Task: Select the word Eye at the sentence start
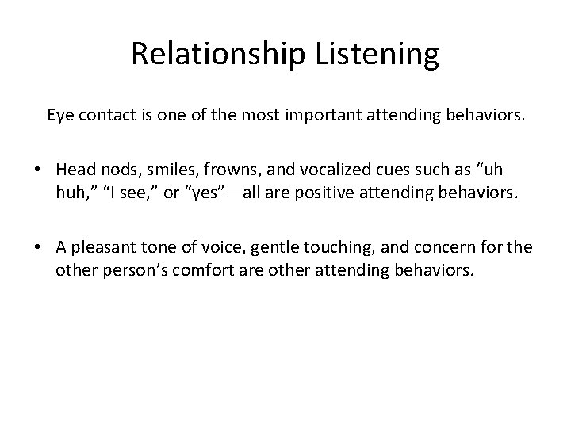(x=59, y=117)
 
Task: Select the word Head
(x=74, y=171)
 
